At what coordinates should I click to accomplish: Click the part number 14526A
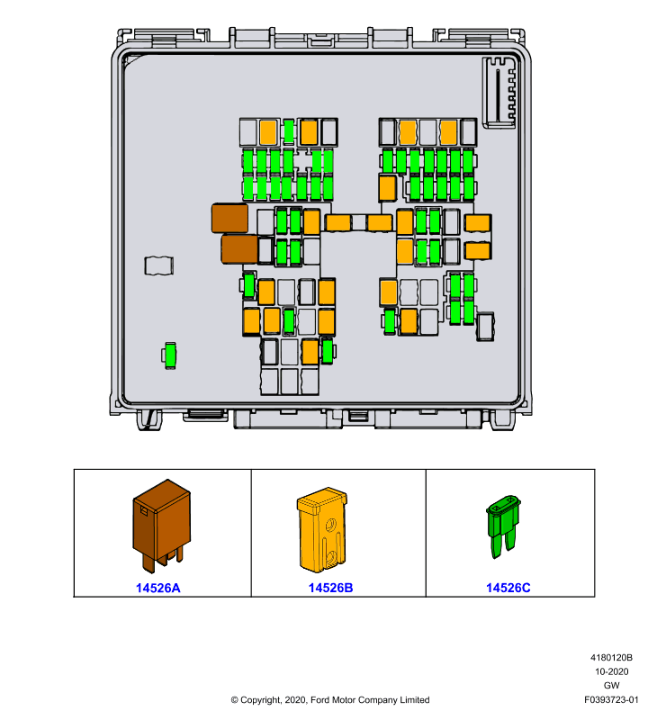[x=157, y=588]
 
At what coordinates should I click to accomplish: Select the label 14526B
[x=330, y=588]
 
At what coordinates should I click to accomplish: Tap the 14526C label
[x=508, y=588]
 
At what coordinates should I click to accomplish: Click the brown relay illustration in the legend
[x=162, y=526]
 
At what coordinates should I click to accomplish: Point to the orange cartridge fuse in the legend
[x=322, y=529]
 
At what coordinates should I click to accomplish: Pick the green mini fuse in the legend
[x=504, y=526]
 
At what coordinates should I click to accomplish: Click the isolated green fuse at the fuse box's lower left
[x=170, y=355]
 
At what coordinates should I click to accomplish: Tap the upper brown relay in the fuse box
[x=229, y=218]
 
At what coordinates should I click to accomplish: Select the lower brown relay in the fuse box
[x=239, y=249]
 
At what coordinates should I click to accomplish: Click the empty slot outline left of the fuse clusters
[x=159, y=265]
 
